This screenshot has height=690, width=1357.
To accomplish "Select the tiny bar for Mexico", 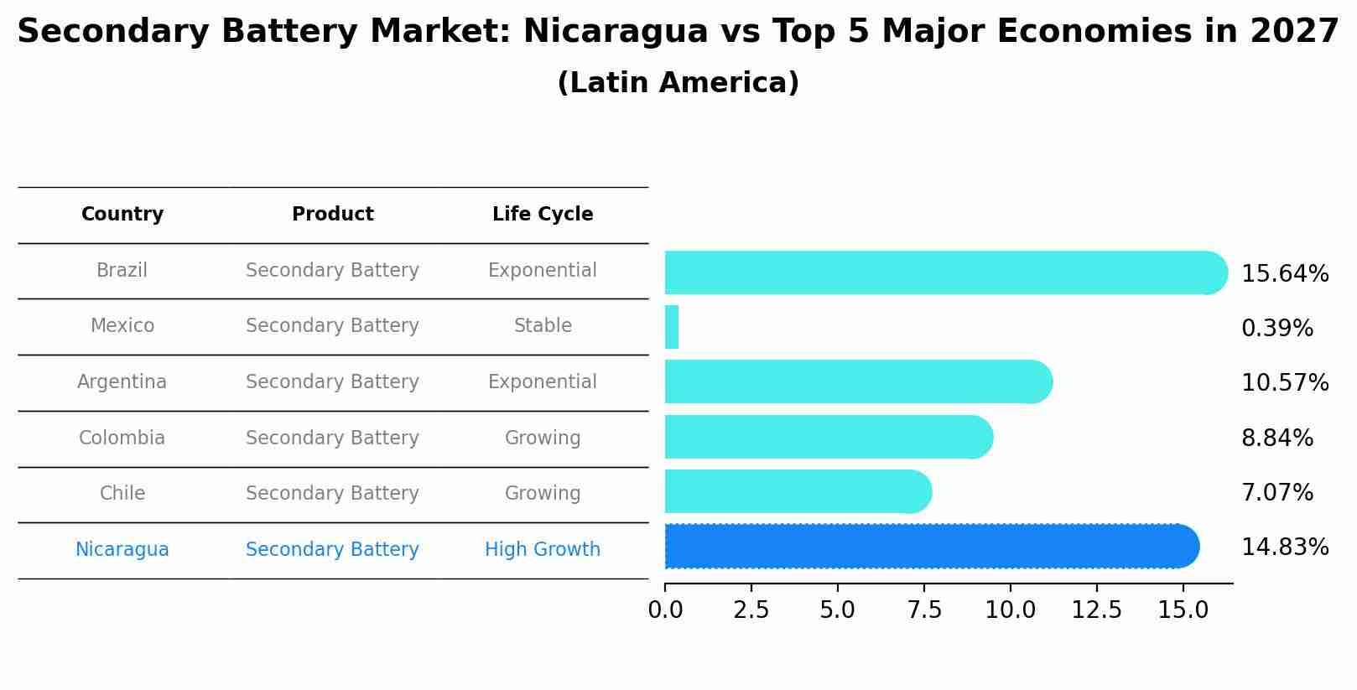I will coord(672,327).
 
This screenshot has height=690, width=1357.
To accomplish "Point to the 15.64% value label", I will coord(1284,274).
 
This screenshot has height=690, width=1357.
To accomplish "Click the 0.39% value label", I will coord(1276,329).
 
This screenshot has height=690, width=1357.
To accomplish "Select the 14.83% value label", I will coord(1284,547).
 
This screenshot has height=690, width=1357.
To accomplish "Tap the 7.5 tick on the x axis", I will coord(924,610).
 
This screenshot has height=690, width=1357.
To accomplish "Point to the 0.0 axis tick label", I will coord(665,610).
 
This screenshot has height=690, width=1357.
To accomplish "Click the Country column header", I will coord(122,215).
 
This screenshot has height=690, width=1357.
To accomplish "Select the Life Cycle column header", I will coord(543,215).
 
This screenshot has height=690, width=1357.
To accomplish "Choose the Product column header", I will coord(333,215).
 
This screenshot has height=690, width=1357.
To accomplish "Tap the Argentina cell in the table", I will coord(122,382).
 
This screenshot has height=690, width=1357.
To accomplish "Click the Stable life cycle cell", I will coord(543,326).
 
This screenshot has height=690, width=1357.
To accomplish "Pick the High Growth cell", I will coord(543,550).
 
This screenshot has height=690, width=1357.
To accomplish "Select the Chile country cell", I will coord(122,494).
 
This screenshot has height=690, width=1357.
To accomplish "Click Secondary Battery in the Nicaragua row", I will coord(332,550).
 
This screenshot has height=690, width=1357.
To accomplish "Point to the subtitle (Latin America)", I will coord(678,83).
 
